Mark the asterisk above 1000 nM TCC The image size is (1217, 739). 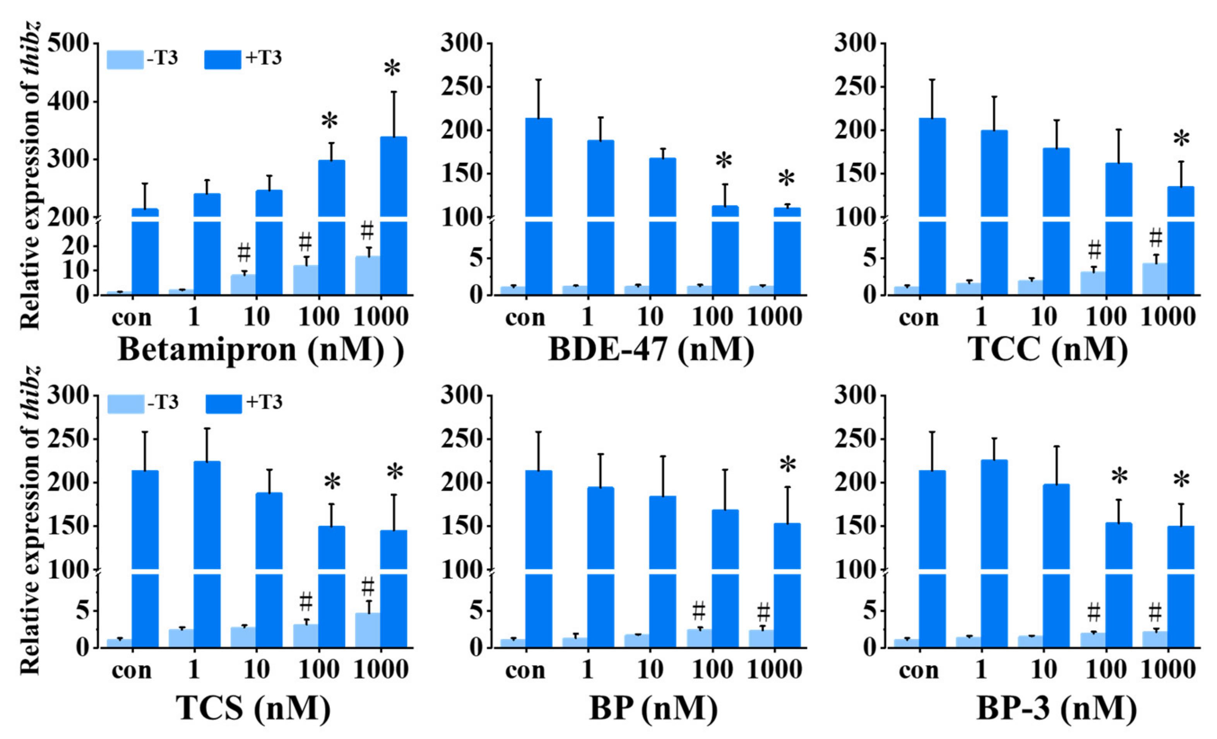pos(1181,140)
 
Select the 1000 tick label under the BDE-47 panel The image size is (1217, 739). pos(774,317)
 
